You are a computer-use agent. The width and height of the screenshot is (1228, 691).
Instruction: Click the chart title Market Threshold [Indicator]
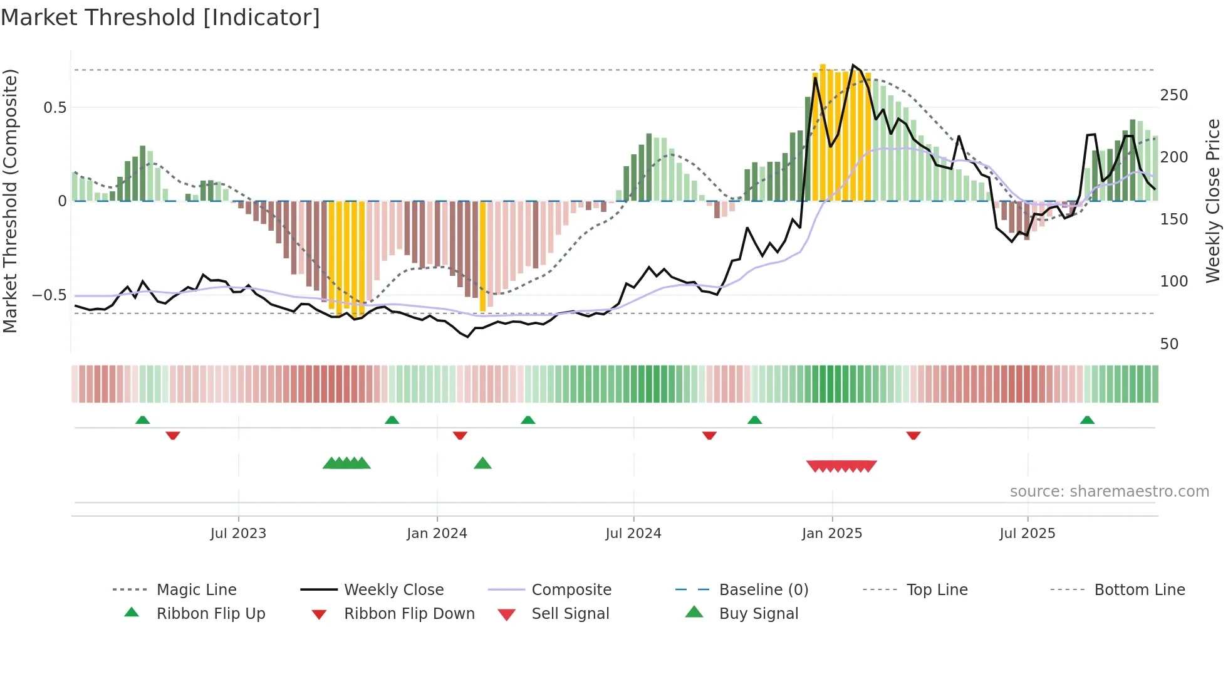pos(160,18)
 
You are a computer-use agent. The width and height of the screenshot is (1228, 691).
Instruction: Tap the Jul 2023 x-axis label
pos(238,534)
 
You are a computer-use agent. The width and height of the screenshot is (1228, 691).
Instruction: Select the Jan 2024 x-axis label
pos(437,534)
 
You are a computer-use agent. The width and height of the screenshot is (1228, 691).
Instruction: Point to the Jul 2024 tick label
pos(633,534)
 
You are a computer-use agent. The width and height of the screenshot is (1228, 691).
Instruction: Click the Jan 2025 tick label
pos(832,534)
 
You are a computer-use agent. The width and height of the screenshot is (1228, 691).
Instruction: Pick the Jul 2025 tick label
pos(1028,534)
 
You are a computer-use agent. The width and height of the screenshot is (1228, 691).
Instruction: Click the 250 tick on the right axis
pos(1173,95)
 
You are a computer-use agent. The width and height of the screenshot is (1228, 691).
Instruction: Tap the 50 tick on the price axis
pos(1169,344)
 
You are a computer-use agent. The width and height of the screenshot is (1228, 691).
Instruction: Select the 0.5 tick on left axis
pos(55,108)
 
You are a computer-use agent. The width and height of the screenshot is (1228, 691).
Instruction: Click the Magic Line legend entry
pos(196,590)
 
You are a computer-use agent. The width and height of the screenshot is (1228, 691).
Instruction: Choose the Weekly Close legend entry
pos(393,590)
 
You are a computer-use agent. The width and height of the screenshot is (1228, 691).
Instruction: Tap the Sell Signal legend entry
pos(570,614)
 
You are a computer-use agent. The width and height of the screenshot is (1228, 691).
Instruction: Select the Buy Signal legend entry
pos(758,614)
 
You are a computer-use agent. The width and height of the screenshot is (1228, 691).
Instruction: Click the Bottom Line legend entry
pos(1139,590)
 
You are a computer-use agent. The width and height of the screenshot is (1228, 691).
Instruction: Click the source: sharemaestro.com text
pos(1109,492)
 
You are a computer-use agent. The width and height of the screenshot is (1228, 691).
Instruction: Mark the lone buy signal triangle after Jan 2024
pos(482,463)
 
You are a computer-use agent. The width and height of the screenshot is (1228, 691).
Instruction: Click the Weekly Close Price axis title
pos(1213,201)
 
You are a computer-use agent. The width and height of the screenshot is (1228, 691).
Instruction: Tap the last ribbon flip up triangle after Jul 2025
pos(1087,420)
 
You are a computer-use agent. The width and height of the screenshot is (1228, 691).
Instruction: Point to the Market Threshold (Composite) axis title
pos(10,201)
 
